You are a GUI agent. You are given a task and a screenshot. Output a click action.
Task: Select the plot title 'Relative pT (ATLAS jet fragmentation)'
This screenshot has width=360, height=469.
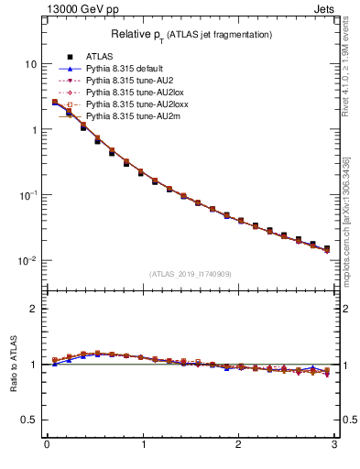point(191,34)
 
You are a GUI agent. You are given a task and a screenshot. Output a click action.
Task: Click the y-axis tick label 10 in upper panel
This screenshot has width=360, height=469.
point(30,65)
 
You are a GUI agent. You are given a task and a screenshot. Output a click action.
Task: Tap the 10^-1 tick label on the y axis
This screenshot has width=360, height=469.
point(28,195)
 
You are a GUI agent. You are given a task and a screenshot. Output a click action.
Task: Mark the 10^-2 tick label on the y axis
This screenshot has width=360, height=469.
point(28,261)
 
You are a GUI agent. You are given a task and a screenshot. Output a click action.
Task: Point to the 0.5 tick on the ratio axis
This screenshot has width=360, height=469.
point(29,420)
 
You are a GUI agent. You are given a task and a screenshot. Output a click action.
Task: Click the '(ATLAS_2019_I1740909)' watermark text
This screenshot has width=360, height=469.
point(191,274)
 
